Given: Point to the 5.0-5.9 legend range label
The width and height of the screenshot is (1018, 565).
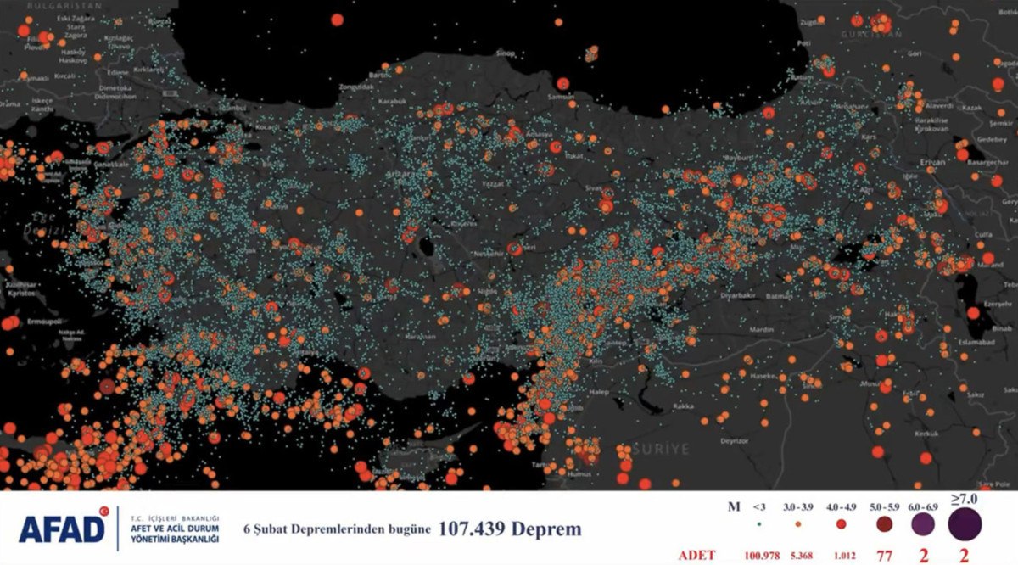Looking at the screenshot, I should coord(882,506).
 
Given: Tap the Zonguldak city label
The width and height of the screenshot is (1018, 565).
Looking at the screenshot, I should coord(355,87).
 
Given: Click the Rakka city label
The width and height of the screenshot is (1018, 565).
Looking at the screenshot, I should coord(660,406).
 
